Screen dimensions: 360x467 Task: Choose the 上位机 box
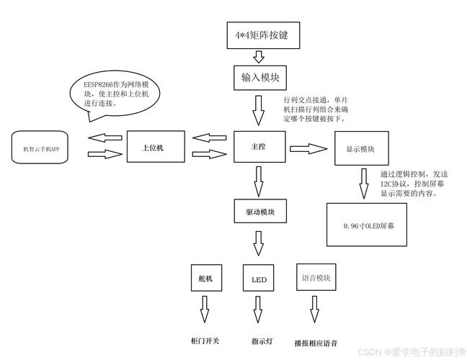click(x=156, y=147)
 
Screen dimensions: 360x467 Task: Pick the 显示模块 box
click(x=361, y=149)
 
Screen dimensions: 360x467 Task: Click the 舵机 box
click(x=205, y=277)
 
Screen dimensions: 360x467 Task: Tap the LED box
click(x=259, y=278)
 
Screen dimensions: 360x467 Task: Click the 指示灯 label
click(x=259, y=340)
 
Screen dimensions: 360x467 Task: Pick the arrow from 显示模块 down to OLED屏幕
click(x=365, y=184)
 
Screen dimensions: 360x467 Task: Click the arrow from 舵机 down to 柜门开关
click(x=205, y=310)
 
